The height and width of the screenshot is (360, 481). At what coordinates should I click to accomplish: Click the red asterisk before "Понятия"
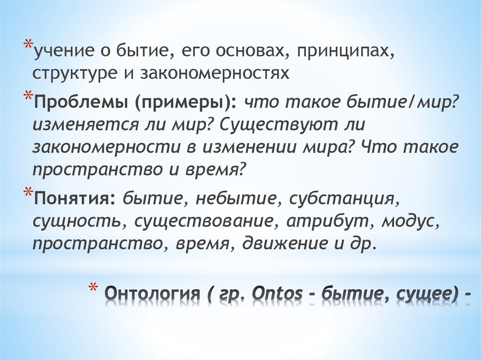click(x=28, y=192)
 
